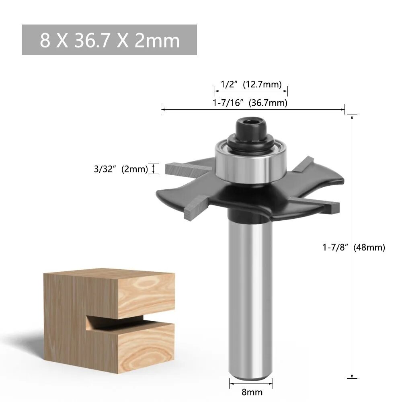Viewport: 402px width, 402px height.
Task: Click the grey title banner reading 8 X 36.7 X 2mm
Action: pyautogui.click(x=109, y=40)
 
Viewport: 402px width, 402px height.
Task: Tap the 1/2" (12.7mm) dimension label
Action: pyautogui.click(x=251, y=84)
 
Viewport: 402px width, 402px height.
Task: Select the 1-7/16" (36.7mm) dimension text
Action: pyautogui.click(x=250, y=103)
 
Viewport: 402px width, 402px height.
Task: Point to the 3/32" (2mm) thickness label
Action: pyautogui.click(x=121, y=169)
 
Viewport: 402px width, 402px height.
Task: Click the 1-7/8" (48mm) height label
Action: pyautogui.click(x=354, y=247)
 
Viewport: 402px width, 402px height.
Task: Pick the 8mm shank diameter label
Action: pyautogui.click(x=252, y=392)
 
